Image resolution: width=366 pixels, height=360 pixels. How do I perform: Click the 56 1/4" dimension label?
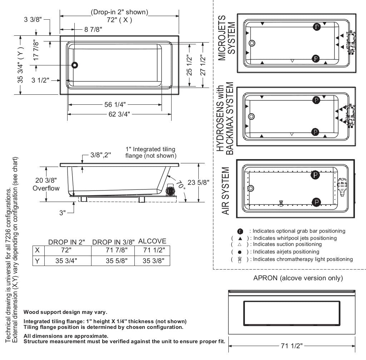pyautogui.click(x=115, y=104)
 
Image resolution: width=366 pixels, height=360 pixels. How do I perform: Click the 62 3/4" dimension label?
pyautogui.click(x=119, y=114)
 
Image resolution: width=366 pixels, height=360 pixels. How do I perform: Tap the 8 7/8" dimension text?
pyautogui.click(x=93, y=29)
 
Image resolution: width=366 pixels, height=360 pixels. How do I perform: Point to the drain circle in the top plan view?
pyautogui.click(x=74, y=65)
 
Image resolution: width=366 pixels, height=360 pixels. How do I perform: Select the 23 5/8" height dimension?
pyautogui.click(x=198, y=182)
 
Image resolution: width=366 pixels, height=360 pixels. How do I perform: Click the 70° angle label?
pyautogui.click(x=180, y=185)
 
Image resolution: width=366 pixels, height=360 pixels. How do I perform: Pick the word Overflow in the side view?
pyautogui.click(x=46, y=188)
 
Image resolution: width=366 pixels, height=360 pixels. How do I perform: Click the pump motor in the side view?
pyautogui.click(x=170, y=190)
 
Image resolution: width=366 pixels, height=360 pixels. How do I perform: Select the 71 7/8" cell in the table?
pyautogui.click(x=117, y=250)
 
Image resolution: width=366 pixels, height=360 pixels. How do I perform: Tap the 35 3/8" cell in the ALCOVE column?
pyautogui.click(x=153, y=261)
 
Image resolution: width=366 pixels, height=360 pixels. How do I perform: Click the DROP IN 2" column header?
pyautogui.click(x=66, y=242)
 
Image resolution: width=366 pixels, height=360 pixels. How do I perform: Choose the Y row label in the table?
pyautogui.click(x=37, y=261)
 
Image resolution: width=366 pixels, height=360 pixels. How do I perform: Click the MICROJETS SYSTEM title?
pyautogui.click(x=226, y=38)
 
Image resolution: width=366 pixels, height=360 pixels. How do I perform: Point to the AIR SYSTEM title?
pyautogui.click(x=225, y=191)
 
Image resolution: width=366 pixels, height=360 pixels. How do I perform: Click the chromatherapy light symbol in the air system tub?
pyautogui.click(x=281, y=203)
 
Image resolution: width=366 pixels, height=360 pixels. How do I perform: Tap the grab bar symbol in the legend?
pyautogui.click(x=240, y=231)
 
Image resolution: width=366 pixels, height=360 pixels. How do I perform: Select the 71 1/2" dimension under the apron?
pyautogui.click(x=292, y=346)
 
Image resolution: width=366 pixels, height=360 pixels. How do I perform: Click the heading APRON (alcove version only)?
pyautogui.click(x=298, y=278)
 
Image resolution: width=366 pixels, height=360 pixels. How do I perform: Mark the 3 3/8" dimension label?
pyautogui.click(x=33, y=19)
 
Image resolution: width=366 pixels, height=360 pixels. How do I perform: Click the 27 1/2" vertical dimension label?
pyautogui.click(x=203, y=65)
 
